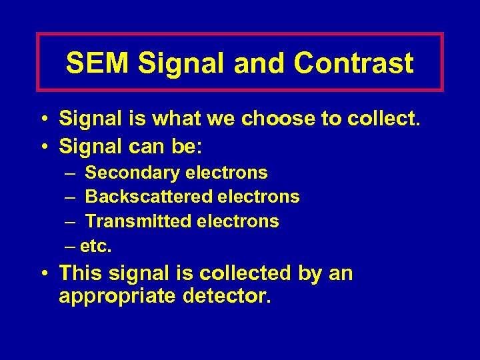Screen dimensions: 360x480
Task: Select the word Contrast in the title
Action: (x=353, y=63)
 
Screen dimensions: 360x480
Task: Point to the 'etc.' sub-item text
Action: (x=96, y=246)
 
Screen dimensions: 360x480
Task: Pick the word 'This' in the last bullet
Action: (x=81, y=273)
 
